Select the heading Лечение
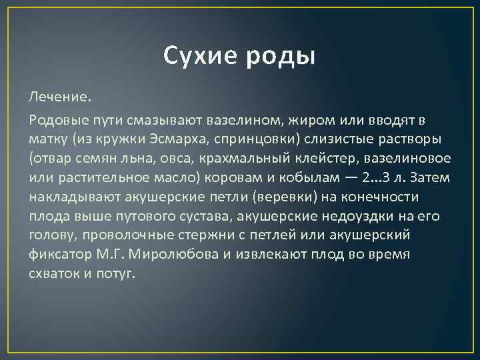[x=59, y=98]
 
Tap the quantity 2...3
[x=390, y=178]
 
